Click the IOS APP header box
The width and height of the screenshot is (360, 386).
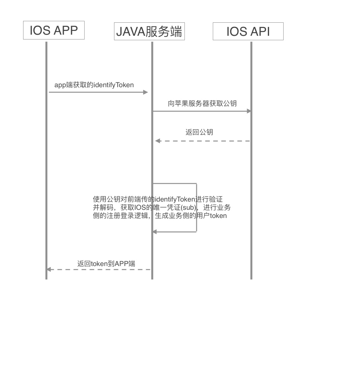(x=54, y=30)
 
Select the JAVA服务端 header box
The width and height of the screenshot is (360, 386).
(x=149, y=31)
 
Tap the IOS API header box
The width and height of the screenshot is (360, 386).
(x=248, y=31)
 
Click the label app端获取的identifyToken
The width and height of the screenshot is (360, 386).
(x=94, y=85)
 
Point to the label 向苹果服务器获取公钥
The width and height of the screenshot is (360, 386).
(x=202, y=104)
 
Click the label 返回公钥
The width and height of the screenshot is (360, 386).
(x=199, y=132)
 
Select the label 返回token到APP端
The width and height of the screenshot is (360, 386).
(x=106, y=264)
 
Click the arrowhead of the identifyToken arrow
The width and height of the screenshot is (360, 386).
(x=146, y=92)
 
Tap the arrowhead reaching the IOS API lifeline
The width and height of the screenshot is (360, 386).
(x=249, y=111)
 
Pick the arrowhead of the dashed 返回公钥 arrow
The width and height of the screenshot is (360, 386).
(x=158, y=141)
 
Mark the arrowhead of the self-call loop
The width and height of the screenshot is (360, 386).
(x=155, y=232)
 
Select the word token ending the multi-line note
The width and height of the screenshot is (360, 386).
(x=218, y=216)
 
